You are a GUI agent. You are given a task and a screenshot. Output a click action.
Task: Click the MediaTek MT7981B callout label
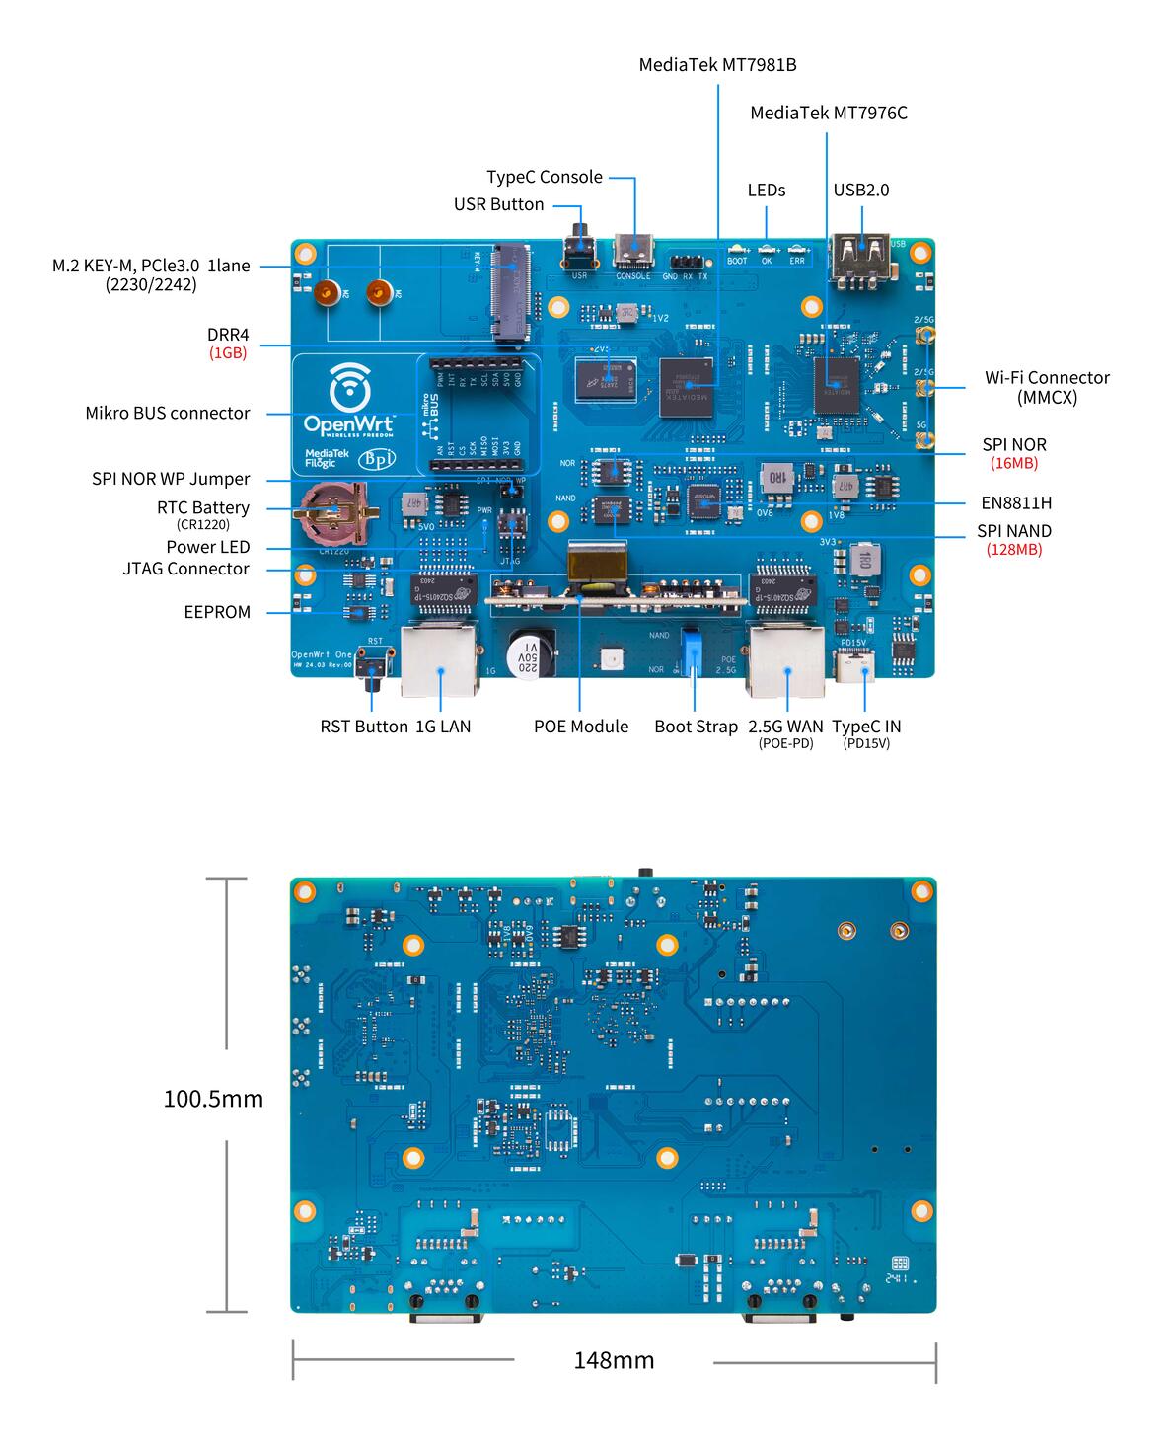pyautogui.click(x=717, y=65)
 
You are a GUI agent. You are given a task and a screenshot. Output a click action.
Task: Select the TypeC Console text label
pyautogui.click(x=544, y=177)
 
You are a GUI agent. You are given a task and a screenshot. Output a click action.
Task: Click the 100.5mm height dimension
pyautogui.click(x=213, y=1099)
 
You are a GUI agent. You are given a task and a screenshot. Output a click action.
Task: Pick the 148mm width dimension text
pyautogui.click(x=614, y=1360)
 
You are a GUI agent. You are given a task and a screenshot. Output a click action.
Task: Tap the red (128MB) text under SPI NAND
pyautogui.click(x=1013, y=550)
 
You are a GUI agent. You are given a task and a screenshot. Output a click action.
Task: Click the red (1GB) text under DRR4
pyautogui.click(x=227, y=352)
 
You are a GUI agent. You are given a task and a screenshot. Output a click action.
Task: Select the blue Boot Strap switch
pyautogui.click(x=694, y=651)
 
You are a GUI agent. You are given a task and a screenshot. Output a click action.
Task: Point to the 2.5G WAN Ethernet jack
pyautogui.click(x=786, y=659)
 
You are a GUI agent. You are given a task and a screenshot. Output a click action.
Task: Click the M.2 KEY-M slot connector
pyautogui.click(x=512, y=293)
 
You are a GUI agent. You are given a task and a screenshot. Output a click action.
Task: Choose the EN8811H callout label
pyautogui.click(x=1016, y=502)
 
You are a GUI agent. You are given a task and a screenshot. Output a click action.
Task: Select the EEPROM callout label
pyautogui.click(x=217, y=612)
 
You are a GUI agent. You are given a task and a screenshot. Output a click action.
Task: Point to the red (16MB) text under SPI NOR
pyautogui.click(x=1013, y=463)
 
